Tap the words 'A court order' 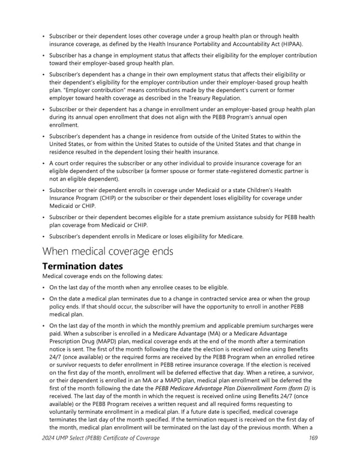coord(68,163)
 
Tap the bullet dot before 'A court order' coord(44,163)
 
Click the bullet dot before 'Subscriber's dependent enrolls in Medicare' coord(44,237)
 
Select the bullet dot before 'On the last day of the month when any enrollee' coord(44,288)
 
